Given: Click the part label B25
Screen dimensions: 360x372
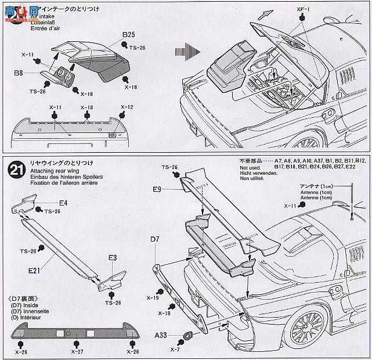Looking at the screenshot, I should [x=129, y=35].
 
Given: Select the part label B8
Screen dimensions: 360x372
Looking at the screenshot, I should [x=19, y=74].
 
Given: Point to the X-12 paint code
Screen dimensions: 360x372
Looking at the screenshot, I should [x=127, y=107].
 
